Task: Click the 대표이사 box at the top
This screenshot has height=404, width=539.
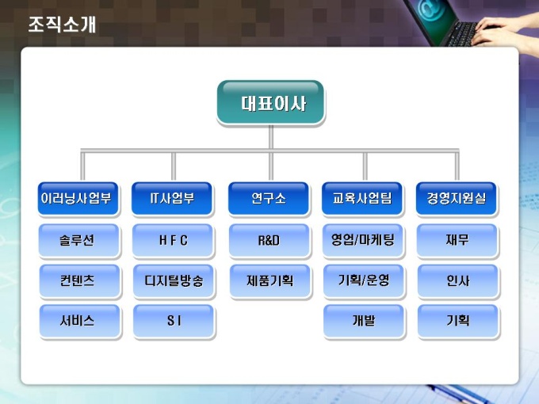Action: click(x=270, y=102)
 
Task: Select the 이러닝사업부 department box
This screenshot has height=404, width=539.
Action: click(x=79, y=199)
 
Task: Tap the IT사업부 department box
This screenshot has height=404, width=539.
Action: click(x=173, y=199)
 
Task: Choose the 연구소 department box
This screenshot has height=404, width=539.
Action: click(x=269, y=199)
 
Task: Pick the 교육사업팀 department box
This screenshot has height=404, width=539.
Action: click(x=362, y=199)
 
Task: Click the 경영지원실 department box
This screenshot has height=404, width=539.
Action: click(x=457, y=199)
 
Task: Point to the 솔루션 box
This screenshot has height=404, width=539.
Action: click(x=79, y=240)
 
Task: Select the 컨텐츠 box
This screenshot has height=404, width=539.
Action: click(x=79, y=280)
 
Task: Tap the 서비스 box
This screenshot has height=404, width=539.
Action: click(x=79, y=321)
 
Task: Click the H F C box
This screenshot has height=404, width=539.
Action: click(x=173, y=240)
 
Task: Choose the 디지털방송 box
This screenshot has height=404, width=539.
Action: click(x=173, y=280)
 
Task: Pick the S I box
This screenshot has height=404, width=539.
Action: click(x=173, y=321)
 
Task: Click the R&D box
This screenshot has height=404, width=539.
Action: click(x=269, y=240)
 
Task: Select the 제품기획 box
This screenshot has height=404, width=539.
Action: click(x=269, y=280)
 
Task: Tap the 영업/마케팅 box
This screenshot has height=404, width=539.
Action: click(x=362, y=240)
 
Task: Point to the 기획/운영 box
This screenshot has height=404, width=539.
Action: click(x=362, y=280)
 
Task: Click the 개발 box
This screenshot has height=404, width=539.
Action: click(x=362, y=321)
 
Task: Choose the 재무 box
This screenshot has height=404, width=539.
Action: click(x=457, y=240)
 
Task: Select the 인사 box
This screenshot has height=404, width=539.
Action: click(x=457, y=280)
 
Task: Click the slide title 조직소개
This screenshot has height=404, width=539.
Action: click(x=62, y=25)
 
